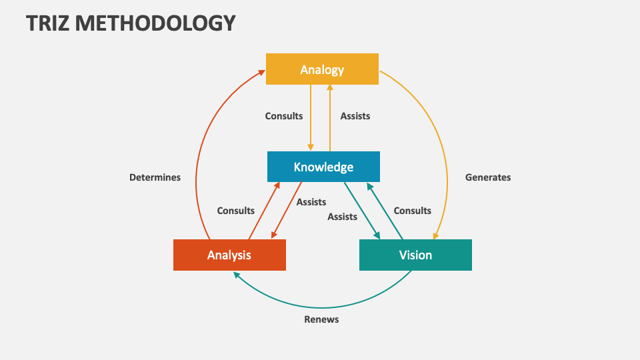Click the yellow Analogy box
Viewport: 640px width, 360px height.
tap(322, 69)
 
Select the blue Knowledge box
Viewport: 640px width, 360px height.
tap(323, 167)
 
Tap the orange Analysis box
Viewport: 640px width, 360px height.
tap(229, 255)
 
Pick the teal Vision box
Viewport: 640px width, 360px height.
tap(415, 255)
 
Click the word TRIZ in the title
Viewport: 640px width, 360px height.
tap(47, 23)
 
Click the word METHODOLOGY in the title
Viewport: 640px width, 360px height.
tap(155, 23)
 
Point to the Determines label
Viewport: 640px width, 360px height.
tap(155, 177)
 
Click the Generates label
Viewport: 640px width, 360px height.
tap(488, 177)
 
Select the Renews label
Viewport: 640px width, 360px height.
tap(321, 319)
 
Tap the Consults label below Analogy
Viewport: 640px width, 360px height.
tap(284, 116)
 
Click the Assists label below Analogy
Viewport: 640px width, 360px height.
tap(355, 116)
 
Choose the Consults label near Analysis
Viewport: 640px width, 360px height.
tap(236, 211)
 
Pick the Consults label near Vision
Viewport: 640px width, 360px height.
tap(413, 211)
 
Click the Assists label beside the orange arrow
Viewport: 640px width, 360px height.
tap(311, 202)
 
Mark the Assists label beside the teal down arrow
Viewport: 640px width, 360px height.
tap(342, 217)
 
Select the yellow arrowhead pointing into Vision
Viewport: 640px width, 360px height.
tap(435, 235)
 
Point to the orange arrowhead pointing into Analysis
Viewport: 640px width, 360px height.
tap(273, 235)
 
